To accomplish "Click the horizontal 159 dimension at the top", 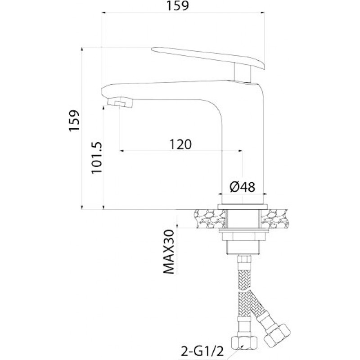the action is coord(177,6).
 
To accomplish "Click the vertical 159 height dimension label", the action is coord(74,121).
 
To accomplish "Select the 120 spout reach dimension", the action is coord(180,144).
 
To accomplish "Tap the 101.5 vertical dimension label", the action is coord(97,158).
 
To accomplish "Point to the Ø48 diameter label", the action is coord(243,187).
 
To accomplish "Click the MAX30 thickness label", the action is coord(169,252).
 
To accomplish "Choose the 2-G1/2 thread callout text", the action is coord(202,351).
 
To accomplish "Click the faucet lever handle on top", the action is coord(208,58).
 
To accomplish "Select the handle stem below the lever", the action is coord(243,73).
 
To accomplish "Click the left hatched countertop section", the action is coord(210,219).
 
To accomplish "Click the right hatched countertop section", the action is coord(274,219).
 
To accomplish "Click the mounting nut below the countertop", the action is coord(243,236).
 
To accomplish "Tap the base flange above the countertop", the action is coord(243,207).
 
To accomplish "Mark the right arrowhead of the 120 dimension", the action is coord(240,151).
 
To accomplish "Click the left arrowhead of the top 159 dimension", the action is coord(104,13).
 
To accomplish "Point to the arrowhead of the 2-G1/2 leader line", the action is coord(242,345).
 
